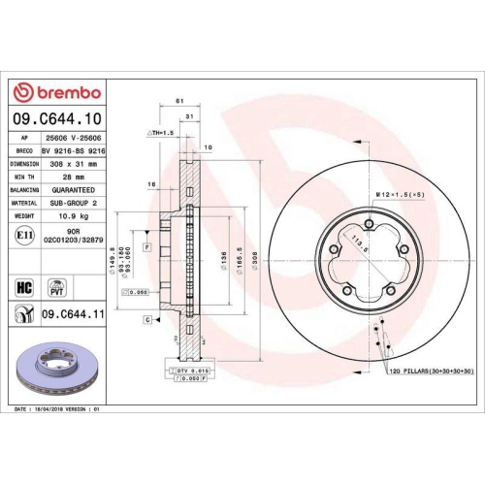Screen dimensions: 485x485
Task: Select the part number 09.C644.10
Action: tap(57, 118)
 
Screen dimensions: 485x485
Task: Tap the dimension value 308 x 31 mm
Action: tap(75, 165)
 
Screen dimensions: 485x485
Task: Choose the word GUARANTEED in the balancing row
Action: tap(75, 191)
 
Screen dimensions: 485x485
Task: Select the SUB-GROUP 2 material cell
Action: tap(75, 205)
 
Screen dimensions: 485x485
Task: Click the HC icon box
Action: tap(26, 288)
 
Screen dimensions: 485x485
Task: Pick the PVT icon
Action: tap(55, 288)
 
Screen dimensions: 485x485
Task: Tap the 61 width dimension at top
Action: tap(179, 101)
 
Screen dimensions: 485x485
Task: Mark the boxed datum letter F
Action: tap(146, 248)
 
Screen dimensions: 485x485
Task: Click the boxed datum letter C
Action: tap(146, 318)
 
